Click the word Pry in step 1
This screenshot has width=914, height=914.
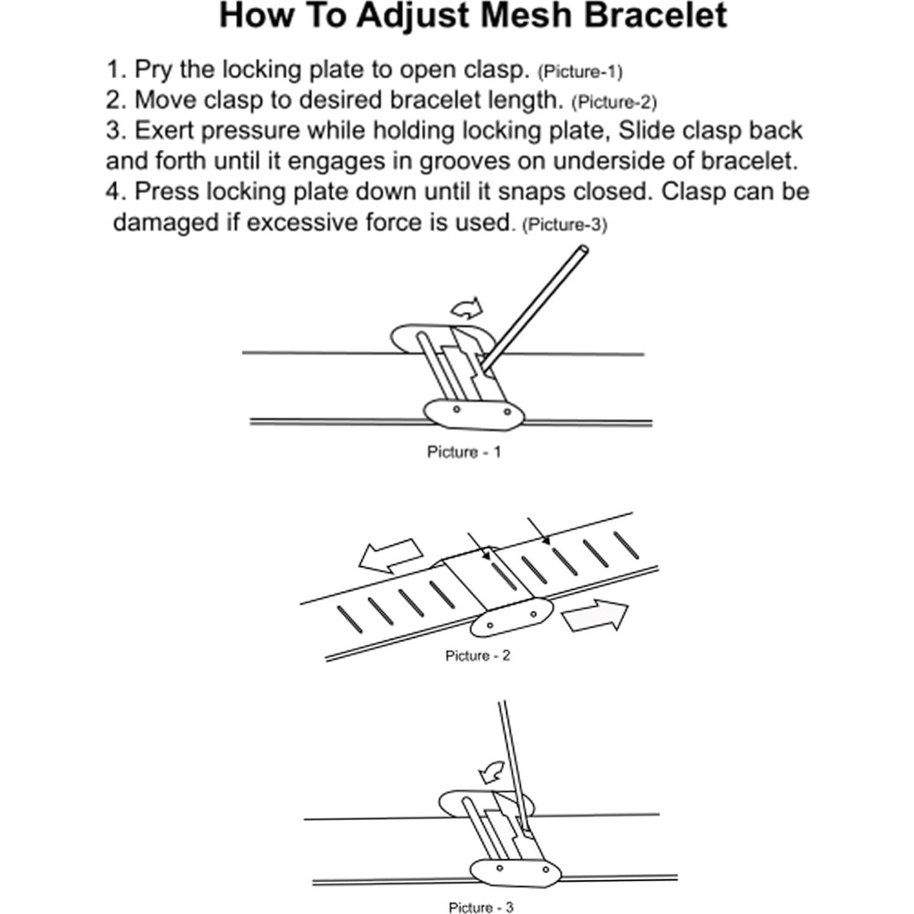[153, 70]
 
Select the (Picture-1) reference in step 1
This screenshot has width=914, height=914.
[580, 72]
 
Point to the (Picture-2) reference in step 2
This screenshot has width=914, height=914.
[614, 102]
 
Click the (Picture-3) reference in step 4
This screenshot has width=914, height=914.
[564, 225]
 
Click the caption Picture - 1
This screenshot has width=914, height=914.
[463, 452]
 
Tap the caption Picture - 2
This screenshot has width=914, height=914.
[477, 656]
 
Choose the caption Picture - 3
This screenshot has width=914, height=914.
[481, 907]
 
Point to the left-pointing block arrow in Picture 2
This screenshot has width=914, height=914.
[390, 555]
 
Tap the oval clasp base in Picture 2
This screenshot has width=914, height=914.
[512, 619]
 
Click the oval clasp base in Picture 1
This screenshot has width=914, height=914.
[473, 415]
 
